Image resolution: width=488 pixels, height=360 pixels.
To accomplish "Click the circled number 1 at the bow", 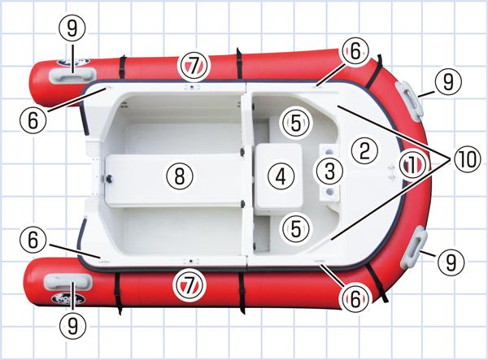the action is click(412, 165).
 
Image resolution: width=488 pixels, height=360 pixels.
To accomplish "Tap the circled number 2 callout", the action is click(364, 151).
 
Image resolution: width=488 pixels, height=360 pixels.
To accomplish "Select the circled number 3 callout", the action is click(329, 171).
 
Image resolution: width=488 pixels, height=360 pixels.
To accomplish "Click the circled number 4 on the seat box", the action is click(281, 177).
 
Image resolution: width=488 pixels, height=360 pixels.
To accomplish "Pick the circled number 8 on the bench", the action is click(180, 176).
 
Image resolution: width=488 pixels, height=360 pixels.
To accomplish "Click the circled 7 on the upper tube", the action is click(194, 66).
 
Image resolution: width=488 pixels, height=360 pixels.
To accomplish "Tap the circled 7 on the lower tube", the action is click(190, 285).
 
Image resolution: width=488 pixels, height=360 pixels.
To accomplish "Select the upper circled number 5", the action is click(296, 123).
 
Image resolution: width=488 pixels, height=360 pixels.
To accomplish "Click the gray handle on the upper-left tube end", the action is click(73, 76).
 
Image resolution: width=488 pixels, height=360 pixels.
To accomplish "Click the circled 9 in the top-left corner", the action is click(72, 28).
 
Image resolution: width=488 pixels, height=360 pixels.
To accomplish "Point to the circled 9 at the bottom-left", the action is click(72, 325).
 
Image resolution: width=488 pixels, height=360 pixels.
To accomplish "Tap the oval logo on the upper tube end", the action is click(73, 63).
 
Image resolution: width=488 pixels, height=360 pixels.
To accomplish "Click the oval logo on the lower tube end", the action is click(68, 299).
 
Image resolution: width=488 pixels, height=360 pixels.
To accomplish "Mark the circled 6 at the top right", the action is click(355, 51).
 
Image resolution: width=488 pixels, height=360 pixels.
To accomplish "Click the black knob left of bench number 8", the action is click(109, 179).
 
